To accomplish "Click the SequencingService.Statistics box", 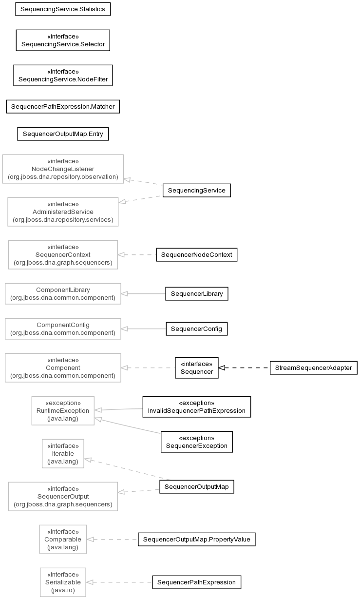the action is (x=63, y=9).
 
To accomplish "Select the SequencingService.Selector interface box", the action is (x=63, y=40).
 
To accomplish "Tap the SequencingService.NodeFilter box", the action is (x=63, y=76).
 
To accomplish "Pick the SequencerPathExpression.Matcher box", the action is (x=63, y=106).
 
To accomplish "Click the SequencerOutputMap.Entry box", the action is (x=63, y=134).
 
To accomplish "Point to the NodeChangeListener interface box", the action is (x=63, y=169).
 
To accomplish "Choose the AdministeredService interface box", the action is (x=63, y=212).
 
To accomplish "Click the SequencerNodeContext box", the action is (x=197, y=255).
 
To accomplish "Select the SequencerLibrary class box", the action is (x=197, y=293).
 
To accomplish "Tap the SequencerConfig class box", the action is (x=197, y=328).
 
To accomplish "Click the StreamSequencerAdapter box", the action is (x=314, y=367).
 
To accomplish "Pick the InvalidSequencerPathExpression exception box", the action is (x=197, y=407).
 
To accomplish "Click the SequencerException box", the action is (x=197, y=442).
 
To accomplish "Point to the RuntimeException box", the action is (x=63, y=410).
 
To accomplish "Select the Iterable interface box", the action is (x=63, y=454).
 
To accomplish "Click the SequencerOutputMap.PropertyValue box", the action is (x=197, y=540).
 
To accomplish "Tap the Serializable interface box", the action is (x=63, y=582).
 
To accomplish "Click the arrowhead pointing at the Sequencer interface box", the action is (x=222, y=367).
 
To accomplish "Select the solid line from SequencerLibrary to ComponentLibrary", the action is (x=143, y=293).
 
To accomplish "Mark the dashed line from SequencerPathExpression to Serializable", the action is (x=119, y=582).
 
